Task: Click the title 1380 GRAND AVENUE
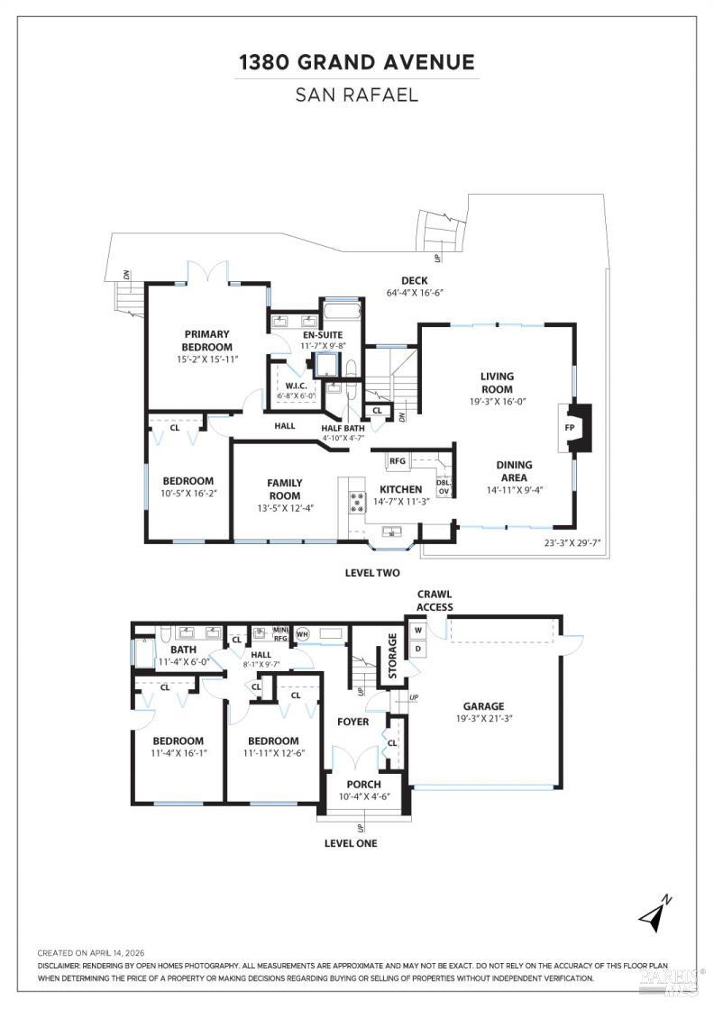click(357, 62)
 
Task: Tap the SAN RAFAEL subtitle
click(357, 95)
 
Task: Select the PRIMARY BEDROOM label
click(207, 341)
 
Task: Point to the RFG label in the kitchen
click(398, 460)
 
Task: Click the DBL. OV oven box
click(444, 486)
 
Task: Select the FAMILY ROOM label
click(284, 489)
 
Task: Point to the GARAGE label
click(484, 706)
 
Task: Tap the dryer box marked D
click(419, 649)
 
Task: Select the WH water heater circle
click(302, 633)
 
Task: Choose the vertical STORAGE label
click(392, 655)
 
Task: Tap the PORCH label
click(364, 784)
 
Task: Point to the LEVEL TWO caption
click(372, 573)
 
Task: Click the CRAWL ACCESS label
click(435, 601)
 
